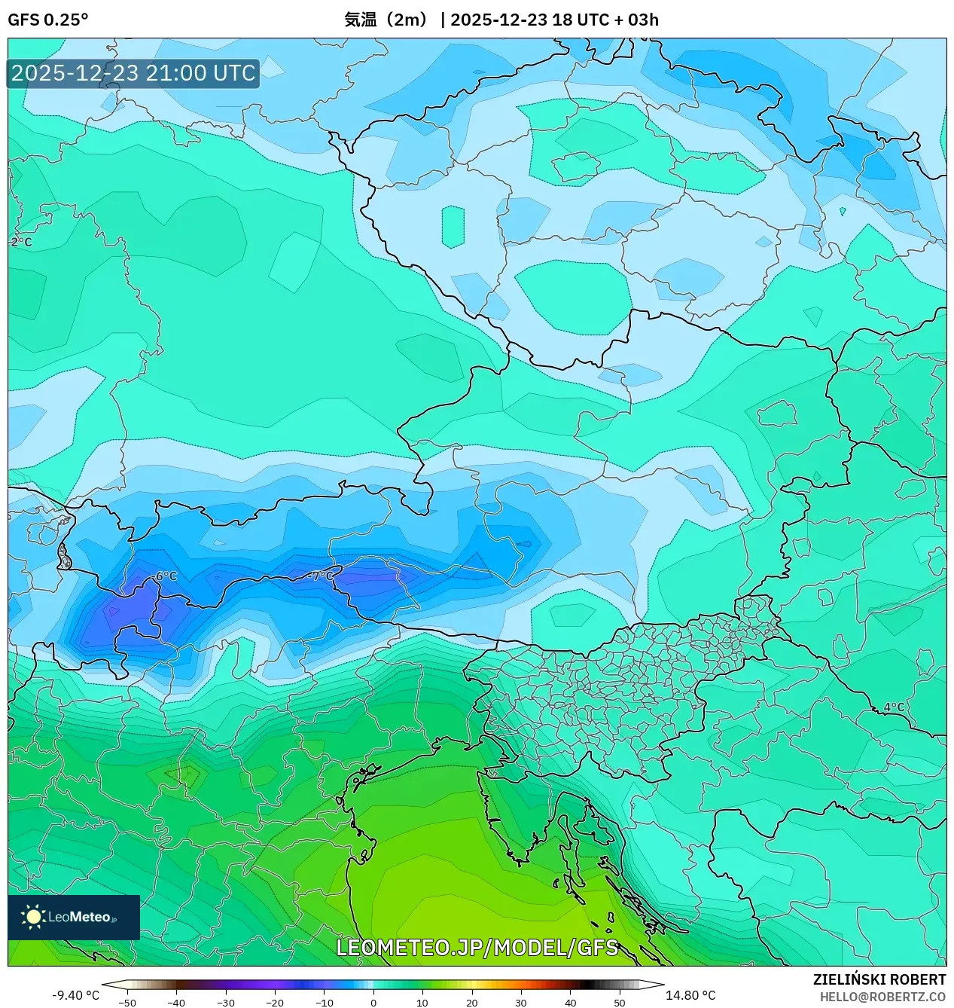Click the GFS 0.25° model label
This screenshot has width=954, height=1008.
pos(47,20)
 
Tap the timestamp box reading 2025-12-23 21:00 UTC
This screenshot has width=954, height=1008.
pos(133,73)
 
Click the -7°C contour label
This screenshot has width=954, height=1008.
pos(321,576)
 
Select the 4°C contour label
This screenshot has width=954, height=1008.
pos(894,707)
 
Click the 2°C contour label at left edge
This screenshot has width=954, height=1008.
pos(21,242)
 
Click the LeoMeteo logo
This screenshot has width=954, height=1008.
pos(74,917)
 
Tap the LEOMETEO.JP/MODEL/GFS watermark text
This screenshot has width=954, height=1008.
pos(477,947)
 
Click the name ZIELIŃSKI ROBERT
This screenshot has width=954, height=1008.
pos(879,979)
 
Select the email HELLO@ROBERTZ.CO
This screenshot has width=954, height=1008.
pos(882,996)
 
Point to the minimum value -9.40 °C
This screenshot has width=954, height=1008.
pos(75,995)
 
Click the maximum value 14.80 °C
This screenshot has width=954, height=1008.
pos(690,995)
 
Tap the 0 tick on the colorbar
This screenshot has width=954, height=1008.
pos(373,1003)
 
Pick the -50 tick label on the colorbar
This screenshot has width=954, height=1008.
pos(127,1003)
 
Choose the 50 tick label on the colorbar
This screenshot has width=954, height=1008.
pos(620,1003)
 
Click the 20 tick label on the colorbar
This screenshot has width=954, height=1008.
pos(471,1003)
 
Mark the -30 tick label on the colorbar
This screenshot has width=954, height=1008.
pos(226,1003)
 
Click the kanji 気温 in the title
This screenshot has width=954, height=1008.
pos(360,20)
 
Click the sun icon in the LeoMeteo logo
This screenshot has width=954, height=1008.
pos(33,916)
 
